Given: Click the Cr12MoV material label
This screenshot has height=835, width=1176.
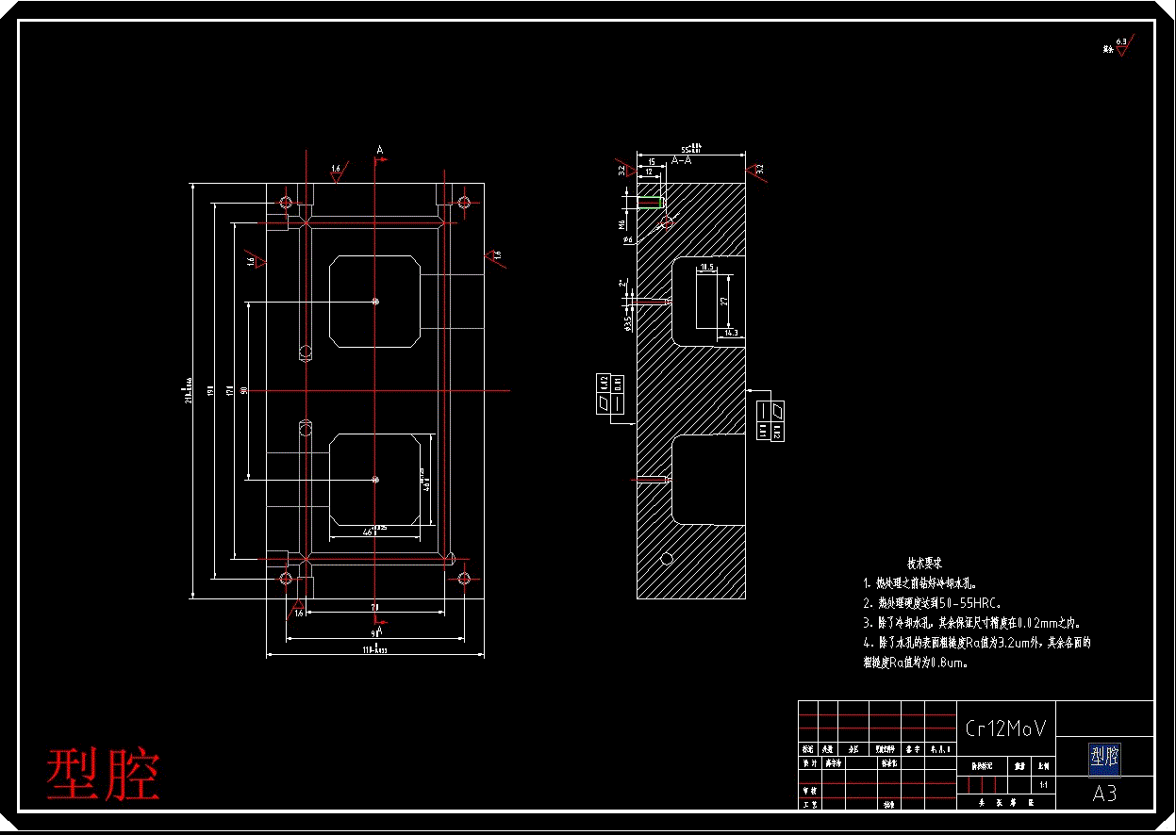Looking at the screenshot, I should [x=1005, y=728].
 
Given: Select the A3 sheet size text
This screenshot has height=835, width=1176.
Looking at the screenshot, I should [x=1104, y=794].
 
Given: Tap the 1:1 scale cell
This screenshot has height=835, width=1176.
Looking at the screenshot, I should [x=1043, y=784].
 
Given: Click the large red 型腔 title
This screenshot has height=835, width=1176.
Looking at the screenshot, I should [x=104, y=775].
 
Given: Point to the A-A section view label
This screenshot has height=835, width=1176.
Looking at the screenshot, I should [x=681, y=161].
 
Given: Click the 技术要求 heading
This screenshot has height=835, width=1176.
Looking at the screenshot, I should [x=925, y=563].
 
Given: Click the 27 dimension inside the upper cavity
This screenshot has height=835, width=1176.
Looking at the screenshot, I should [x=724, y=301].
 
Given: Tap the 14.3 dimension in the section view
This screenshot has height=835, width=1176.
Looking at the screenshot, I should [x=731, y=333].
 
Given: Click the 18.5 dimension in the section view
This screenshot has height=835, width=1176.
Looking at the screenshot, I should [x=707, y=269].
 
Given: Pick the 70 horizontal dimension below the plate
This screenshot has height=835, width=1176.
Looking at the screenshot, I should [x=374, y=607].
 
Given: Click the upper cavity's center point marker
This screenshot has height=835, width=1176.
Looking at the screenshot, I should [x=376, y=302].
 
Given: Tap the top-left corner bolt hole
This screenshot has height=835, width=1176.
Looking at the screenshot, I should [x=286, y=202].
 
